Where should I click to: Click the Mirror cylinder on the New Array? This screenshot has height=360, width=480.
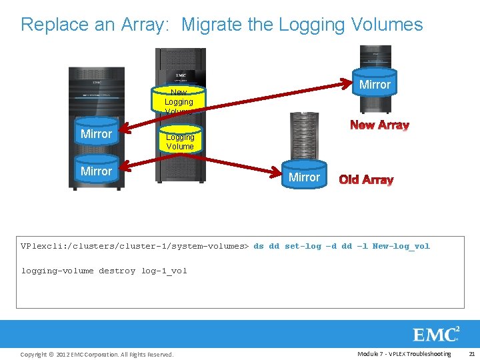375,84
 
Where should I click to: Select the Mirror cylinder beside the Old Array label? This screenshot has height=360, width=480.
304,177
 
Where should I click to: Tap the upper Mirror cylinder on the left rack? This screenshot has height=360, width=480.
96,133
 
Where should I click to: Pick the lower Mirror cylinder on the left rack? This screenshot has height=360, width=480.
96,171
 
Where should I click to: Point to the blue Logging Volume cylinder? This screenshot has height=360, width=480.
180,141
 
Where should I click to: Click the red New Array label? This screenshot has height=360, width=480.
379,125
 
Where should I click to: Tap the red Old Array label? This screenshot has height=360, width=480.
366,179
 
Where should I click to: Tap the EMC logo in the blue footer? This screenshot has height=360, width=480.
436,334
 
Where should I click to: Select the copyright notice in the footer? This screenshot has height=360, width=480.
97,354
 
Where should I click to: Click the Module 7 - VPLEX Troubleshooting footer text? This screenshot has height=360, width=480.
404,353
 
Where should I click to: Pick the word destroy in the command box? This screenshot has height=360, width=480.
117,271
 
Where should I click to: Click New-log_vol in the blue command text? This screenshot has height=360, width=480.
401,246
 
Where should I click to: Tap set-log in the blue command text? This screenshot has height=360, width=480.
303,246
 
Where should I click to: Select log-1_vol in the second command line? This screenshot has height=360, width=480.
164,271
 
